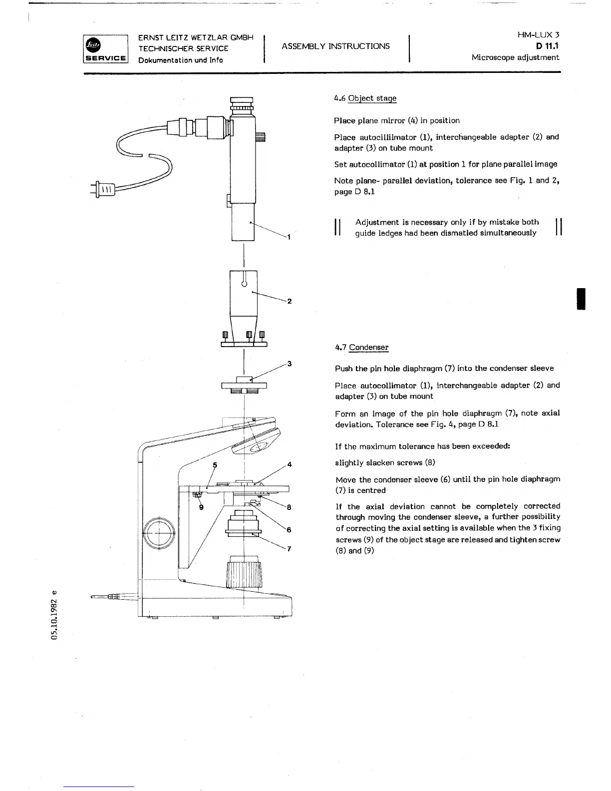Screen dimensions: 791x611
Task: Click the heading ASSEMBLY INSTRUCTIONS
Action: (x=335, y=46)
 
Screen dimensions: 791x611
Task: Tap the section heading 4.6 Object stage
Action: (x=365, y=98)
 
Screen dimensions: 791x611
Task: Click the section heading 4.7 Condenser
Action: (x=361, y=348)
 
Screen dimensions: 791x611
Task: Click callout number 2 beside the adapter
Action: (x=290, y=301)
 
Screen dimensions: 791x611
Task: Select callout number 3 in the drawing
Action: (x=289, y=364)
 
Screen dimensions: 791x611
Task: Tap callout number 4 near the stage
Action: (x=289, y=465)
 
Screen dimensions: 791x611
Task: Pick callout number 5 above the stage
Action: (x=215, y=465)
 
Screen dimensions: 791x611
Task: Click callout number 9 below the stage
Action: (x=201, y=507)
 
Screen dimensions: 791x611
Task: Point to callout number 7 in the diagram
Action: (x=289, y=549)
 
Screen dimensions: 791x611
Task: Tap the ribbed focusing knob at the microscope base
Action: (x=244, y=574)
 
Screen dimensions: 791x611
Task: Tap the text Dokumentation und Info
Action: (x=180, y=60)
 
